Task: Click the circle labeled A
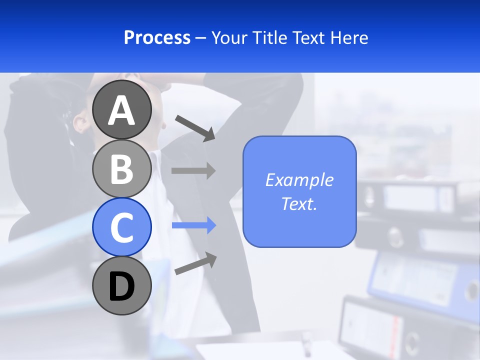(122, 110)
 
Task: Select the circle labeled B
(122, 168)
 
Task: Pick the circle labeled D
(122, 285)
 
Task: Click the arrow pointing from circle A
(195, 127)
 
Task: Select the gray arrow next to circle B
(193, 170)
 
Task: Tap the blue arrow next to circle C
(193, 225)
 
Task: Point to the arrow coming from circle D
(195, 263)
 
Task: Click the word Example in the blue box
(299, 180)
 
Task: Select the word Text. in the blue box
(299, 203)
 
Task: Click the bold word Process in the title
(157, 37)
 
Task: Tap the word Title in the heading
(266, 37)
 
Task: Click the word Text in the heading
(308, 37)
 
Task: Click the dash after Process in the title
(200, 38)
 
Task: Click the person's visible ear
(80, 121)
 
